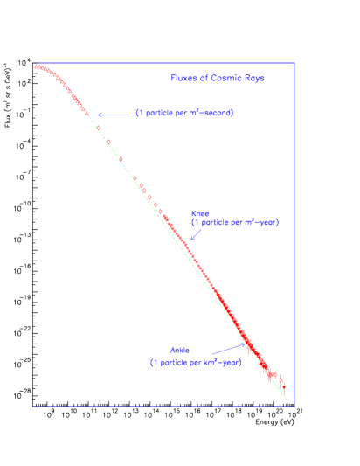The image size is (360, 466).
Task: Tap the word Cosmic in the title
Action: pyautogui.click(x=218, y=79)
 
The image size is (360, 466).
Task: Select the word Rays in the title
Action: pyautogui.click(x=253, y=79)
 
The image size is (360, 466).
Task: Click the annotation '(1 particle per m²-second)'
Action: pyautogui.click(x=184, y=114)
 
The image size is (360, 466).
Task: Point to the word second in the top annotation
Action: pyautogui.click(x=218, y=114)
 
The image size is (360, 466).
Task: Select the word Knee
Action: pyautogui.click(x=200, y=213)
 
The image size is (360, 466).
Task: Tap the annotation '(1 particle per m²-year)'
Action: pyautogui.click(x=235, y=223)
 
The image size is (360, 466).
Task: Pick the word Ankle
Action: pyautogui.click(x=180, y=351)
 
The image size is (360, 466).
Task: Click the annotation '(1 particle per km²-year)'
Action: pyautogui.click(x=196, y=362)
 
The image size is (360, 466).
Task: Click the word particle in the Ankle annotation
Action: pyautogui.click(x=178, y=362)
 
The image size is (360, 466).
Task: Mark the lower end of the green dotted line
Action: pyautogui.click(x=288, y=403)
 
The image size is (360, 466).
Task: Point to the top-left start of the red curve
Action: pyautogui.click(x=36, y=66)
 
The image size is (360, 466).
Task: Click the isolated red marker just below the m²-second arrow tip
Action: pyautogui.click(x=99, y=129)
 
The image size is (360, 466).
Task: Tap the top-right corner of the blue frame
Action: pyautogui.click(x=294, y=63)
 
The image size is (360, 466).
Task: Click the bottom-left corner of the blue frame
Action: pyautogui.click(x=33, y=406)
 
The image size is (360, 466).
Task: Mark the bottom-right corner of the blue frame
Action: pyautogui.click(x=294, y=406)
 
